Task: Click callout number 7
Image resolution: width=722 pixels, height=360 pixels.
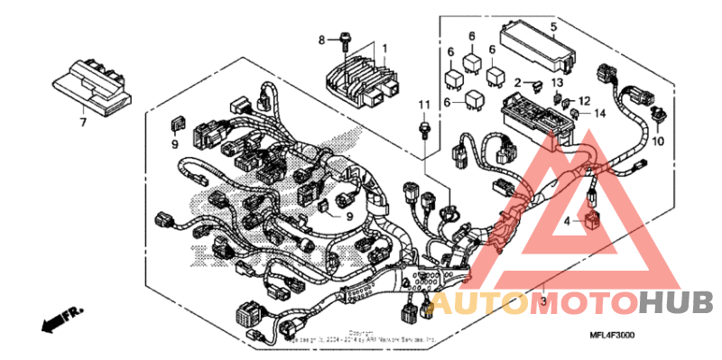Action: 82,121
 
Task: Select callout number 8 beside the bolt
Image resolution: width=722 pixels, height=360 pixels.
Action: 320,40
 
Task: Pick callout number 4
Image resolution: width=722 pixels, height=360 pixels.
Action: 568,219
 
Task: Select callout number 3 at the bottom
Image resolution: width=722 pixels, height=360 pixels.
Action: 543,299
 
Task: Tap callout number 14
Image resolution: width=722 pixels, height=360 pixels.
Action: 598,114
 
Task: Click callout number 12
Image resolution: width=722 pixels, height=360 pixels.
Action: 584,99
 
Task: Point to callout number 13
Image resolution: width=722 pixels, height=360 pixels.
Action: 557,82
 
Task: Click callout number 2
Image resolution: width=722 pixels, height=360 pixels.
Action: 518,84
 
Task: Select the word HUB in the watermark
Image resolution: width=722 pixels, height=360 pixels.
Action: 677,303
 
